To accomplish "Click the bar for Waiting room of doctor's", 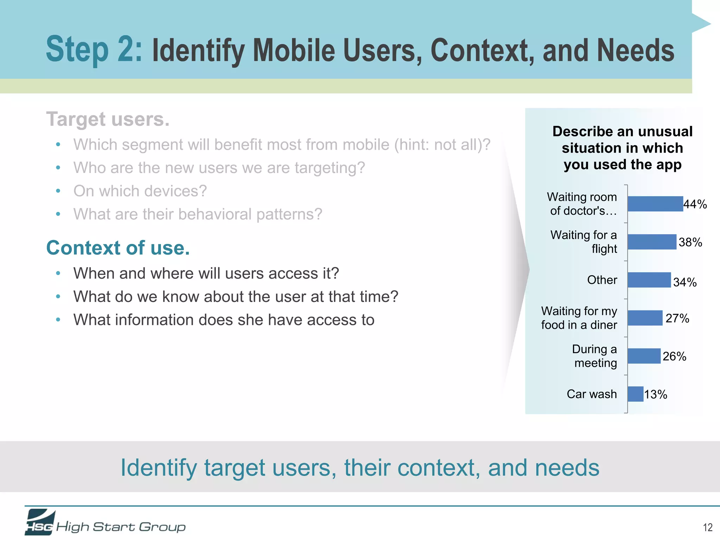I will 655,204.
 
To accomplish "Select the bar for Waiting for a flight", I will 652,242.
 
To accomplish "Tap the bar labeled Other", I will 649,280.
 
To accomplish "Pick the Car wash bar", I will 635,394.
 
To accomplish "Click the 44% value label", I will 695,204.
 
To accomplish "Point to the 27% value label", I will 677,318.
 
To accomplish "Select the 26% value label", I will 674,356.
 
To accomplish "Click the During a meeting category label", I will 595,356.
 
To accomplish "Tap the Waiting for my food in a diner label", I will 579,318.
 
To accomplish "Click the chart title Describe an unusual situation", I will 622,148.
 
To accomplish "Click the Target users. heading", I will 108,119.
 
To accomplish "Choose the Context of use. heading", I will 118,248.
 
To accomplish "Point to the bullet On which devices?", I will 140,191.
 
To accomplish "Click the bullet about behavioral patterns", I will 198,214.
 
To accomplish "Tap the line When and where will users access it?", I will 206,273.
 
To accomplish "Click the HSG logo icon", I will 40,522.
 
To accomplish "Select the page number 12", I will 707,527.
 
